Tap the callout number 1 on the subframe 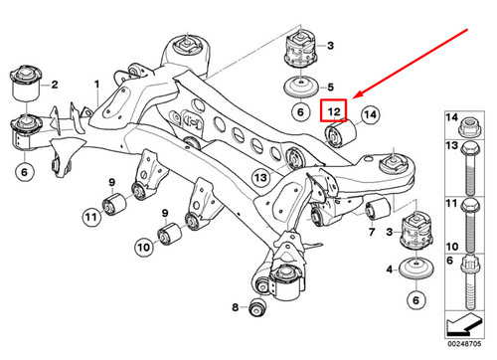click(x=96, y=85)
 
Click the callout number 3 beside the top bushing click(x=332, y=47)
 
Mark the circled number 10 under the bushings click(x=143, y=244)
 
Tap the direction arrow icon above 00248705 click(x=462, y=325)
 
